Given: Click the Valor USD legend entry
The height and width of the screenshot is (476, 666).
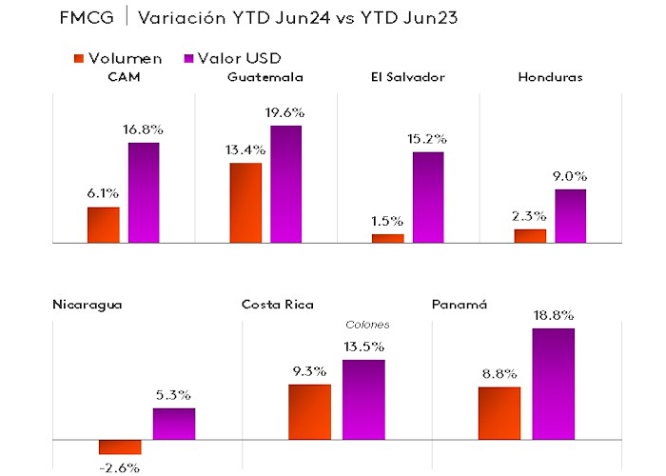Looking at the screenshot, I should (x=242, y=59).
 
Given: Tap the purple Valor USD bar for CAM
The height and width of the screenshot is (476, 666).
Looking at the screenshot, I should (x=144, y=193).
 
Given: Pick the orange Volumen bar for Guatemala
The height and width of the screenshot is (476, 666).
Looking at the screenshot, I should (x=245, y=203).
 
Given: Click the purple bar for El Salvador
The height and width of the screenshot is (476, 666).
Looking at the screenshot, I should (x=427, y=197).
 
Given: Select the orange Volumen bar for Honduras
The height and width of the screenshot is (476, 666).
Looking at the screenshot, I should (x=530, y=236).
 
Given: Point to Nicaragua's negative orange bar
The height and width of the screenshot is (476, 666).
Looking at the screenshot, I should (x=120, y=446).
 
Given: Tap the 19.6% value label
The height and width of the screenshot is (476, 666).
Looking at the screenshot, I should (x=286, y=111).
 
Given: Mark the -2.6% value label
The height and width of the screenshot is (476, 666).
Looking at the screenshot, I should (x=120, y=467).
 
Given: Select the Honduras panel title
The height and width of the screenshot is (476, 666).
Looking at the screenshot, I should (x=550, y=77).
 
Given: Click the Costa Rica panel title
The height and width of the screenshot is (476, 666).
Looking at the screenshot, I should (x=278, y=304).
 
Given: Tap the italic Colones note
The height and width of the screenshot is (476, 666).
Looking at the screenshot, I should (x=367, y=325).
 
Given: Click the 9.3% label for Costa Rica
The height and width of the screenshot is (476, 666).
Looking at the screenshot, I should (x=309, y=370).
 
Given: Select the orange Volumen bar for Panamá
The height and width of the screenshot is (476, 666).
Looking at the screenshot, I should (x=499, y=413).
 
